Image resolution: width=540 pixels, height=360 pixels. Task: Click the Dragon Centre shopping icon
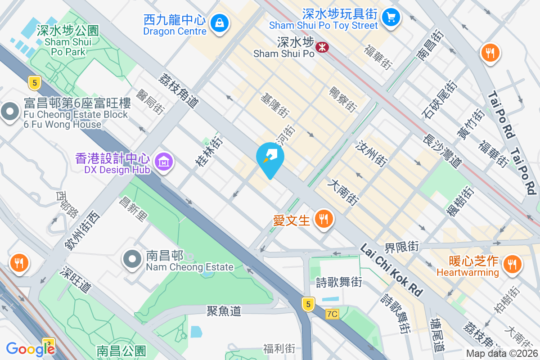[220, 22]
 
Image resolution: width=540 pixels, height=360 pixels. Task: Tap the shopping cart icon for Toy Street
[391, 18]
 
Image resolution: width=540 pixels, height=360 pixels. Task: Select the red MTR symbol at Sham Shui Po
[322, 47]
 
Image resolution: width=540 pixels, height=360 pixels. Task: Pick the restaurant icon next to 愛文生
[323, 220]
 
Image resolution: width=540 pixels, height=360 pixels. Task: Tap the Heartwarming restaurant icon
[511, 263]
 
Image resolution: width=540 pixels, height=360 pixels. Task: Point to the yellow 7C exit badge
[332, 314]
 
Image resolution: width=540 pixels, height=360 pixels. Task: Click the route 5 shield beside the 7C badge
[308, 304]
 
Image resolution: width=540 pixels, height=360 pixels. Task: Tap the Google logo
[30, 349]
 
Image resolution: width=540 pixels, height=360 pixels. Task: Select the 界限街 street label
[401, 247]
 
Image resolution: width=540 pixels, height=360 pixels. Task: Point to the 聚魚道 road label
[224, 310]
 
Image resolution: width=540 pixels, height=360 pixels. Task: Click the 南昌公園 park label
[121, 351]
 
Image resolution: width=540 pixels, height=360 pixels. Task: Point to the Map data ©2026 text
[501, 354]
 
